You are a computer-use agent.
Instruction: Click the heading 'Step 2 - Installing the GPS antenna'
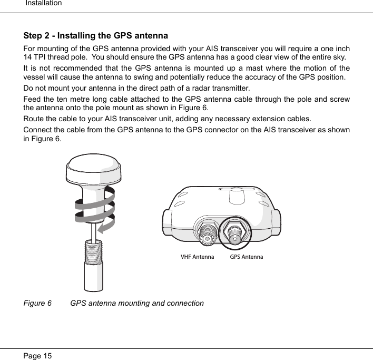(x=96, y=36)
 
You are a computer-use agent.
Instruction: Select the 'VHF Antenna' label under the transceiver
(x=197, y=257)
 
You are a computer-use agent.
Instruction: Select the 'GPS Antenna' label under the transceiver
(x=247, y=257)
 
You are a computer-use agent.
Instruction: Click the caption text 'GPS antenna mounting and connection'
(x=137, y=304)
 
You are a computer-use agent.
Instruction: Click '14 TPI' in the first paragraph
(x=35, y=57)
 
